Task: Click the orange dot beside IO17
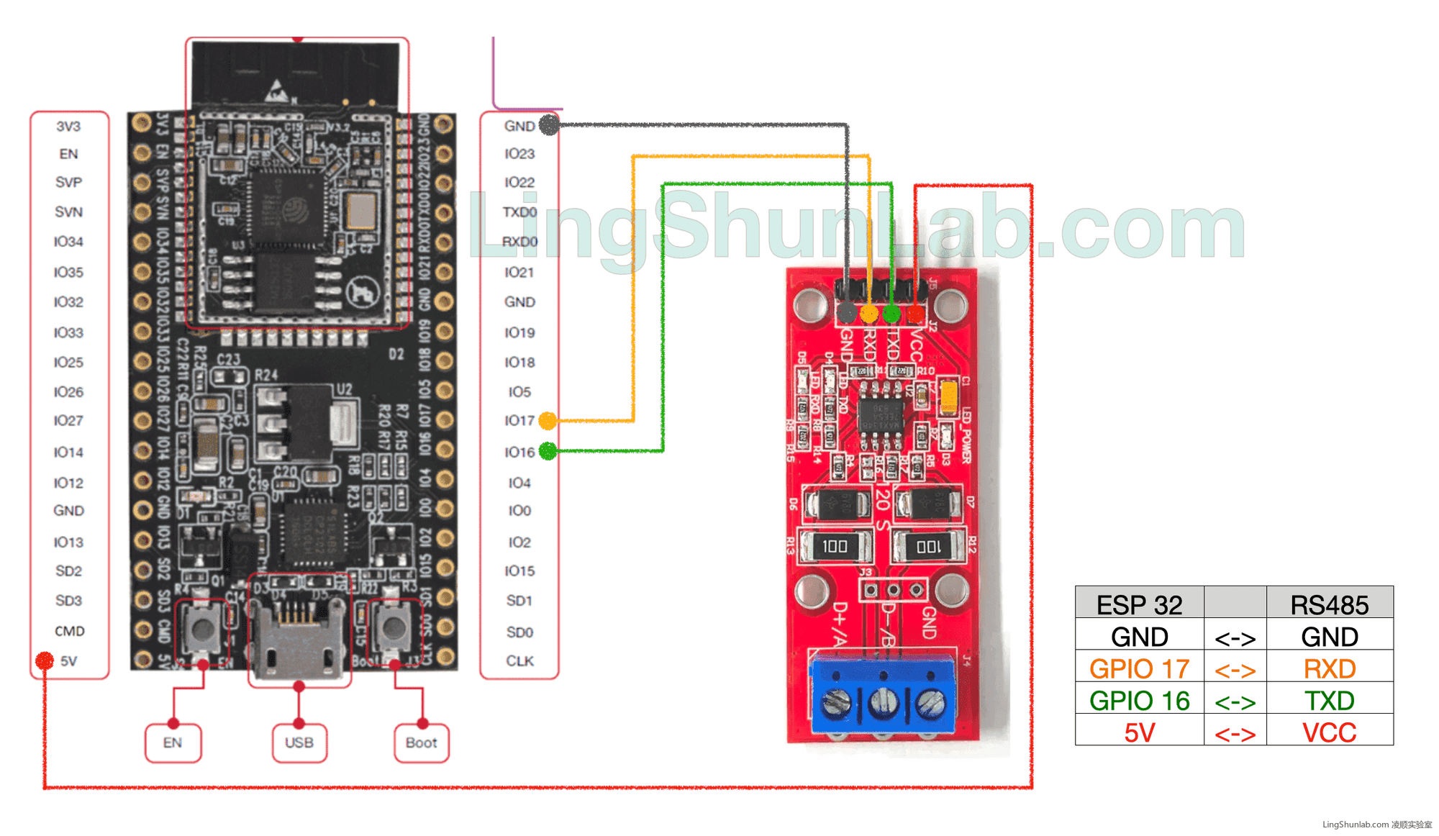click(548, 420)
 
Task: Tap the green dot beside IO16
click(548, 451)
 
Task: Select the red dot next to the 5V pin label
click(45, 660)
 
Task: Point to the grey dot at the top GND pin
click(549, 125)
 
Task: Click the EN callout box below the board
click(173, 742)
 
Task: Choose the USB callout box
click(299, 742)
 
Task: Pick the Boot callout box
click(422, 742)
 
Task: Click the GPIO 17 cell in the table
click(1139, 668)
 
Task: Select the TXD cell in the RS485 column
click(1329, 700)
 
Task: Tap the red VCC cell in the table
click(1329, 732)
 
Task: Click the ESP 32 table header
click(1139, 604)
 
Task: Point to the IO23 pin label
click(519, 154)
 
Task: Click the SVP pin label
click(68, 182)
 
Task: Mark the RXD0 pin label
click(519, 242)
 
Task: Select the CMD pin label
click(69, 631)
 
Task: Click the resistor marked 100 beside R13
click(835, 546)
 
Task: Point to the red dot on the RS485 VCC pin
click(914, 314)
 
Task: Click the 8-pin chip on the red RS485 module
click(881, 415)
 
